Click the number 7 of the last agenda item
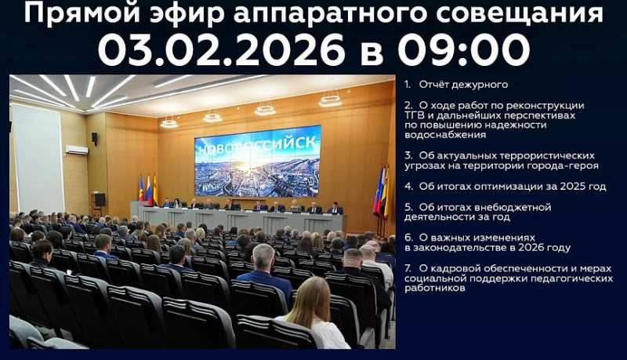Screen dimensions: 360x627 click(408, 268)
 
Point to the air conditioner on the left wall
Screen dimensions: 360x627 click(77, 149)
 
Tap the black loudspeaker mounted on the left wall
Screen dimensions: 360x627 click(94, 138)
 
